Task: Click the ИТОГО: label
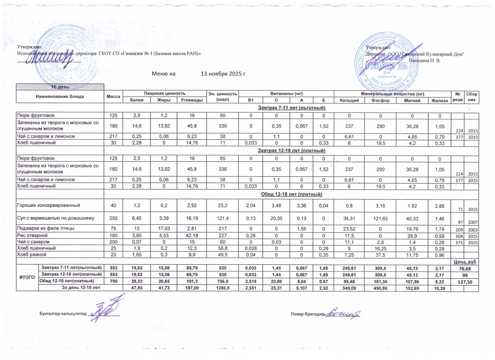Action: tap(27, 277)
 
